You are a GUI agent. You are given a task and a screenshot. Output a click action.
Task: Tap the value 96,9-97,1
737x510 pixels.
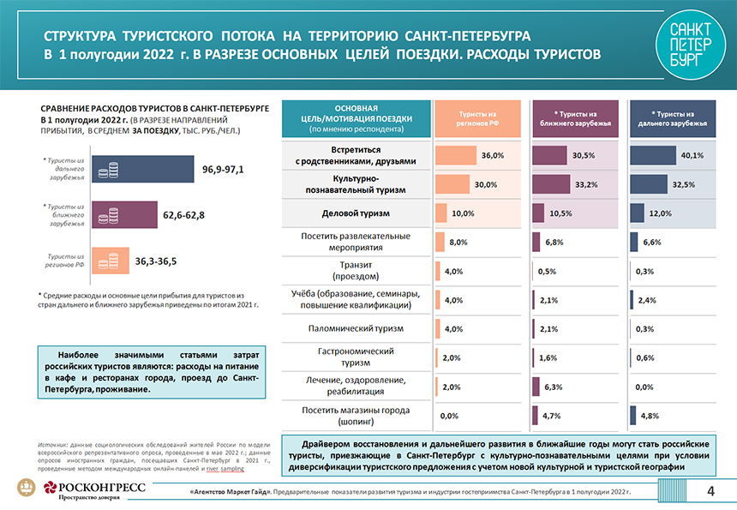coord(223,170)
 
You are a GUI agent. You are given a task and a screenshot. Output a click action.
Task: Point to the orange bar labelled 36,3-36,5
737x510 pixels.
coord(110,259)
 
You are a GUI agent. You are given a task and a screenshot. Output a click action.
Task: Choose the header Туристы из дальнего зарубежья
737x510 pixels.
coord(672,118)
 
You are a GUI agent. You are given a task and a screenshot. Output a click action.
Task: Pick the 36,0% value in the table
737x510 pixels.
coord(492,156)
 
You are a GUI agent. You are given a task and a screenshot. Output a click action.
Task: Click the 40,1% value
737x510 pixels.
coord(692,156)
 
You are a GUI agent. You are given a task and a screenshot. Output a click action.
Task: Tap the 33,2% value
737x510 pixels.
coord(586,185)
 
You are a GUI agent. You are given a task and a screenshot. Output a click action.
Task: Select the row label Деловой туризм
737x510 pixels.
coord(355,213)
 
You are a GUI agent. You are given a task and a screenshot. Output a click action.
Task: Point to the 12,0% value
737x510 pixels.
coord(659,213)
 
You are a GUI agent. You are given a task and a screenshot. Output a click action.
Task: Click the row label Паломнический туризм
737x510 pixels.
coord(355,328)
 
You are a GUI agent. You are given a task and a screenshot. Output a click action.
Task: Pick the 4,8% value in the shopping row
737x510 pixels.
coord(649,416)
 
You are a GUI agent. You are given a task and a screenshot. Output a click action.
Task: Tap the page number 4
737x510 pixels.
coord(710,490)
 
